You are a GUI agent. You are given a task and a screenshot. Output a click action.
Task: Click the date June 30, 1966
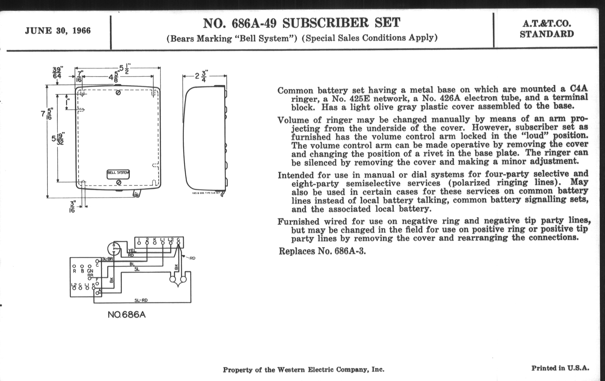click(58, 31)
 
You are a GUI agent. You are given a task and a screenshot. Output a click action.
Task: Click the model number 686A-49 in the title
click(254, 23)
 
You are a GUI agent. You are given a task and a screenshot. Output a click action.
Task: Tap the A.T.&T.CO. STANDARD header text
click(547, 29)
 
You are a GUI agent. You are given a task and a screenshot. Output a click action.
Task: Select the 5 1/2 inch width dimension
click(124, 68)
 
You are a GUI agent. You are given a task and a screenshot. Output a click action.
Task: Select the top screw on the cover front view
click(118, 93)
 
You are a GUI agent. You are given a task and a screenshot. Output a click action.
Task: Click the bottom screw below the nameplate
click(119, 182)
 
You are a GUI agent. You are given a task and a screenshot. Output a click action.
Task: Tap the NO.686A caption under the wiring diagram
click(127, 315)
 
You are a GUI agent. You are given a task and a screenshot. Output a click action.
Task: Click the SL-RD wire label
click(141, 300)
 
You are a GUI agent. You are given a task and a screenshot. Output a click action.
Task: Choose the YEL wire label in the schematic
click(132, 251)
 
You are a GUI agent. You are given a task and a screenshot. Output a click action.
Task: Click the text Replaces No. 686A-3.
click(322, 251)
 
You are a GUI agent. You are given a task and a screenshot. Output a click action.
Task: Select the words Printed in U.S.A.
click(560, 368)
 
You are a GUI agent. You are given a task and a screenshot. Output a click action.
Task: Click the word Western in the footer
click(291, 370)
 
